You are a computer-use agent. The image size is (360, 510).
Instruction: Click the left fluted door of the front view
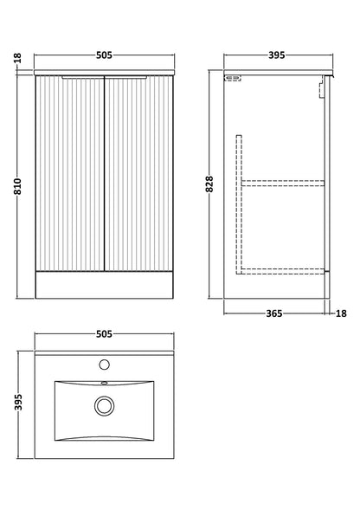tap(69, 173)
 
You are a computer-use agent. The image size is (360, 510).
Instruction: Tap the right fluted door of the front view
tap(138, 173)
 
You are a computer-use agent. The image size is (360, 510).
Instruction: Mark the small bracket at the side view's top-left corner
tap(233, 79)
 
